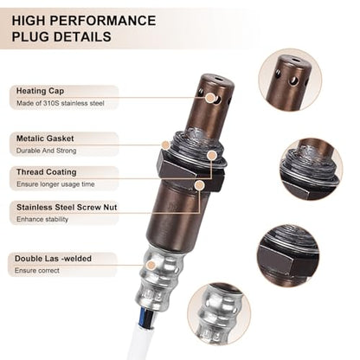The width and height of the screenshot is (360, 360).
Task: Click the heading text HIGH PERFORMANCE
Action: click(84, 21)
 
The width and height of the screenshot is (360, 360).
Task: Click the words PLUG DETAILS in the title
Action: click(61, 37)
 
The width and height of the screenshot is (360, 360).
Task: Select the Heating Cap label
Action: click(40, 91)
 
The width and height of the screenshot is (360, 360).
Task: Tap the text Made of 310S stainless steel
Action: click(61, 103)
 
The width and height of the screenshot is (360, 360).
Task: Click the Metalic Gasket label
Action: click(45, 138)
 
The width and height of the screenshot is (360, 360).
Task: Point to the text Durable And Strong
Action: click(46, 151)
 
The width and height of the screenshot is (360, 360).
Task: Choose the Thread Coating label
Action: click(47, 172)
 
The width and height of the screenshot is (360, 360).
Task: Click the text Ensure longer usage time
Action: click(55, 184)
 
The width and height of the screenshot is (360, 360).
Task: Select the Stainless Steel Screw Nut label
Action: click(67, 207)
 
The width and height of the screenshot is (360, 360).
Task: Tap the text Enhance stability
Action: click(42, 219)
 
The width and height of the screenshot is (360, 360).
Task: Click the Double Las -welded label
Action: click(53, 259)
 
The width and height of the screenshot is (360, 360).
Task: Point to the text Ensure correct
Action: click(37, 271)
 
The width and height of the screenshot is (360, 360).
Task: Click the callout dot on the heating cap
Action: click(210, 98)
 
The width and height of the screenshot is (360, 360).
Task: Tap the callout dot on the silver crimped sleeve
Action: click(151, 265)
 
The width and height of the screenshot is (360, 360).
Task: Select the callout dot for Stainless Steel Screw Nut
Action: click(199, 185)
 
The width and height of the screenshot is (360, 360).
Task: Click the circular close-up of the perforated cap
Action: click(290, 80)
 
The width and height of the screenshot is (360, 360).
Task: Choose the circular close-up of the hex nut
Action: click(289, 255)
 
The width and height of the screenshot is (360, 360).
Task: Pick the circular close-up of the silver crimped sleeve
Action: click(219, 314)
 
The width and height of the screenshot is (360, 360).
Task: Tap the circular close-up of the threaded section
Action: click(312, 170)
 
